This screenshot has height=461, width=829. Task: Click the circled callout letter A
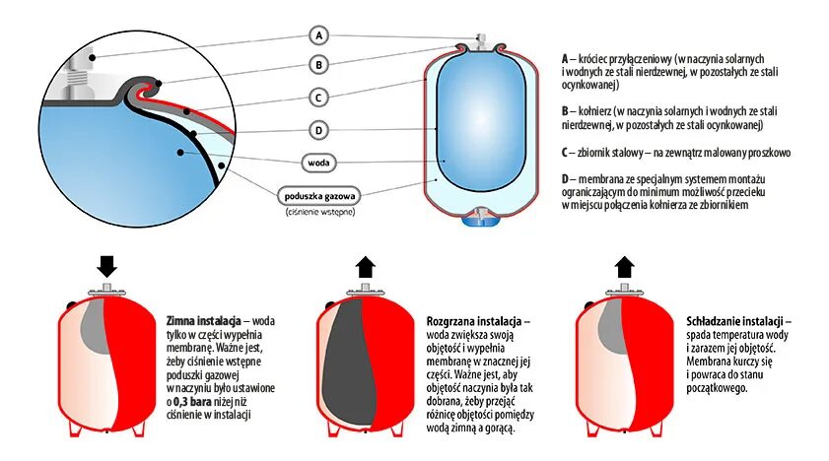pyautogui.click(x=317, y=35)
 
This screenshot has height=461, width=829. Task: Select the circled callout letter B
pyautogui.click(x=317, y=65)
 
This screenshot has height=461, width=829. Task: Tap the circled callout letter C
pyautogui.click(x=317, y=97)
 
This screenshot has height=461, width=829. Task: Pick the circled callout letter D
pyautogui.click(x=317, y=129)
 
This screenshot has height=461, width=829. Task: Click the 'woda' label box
pyautogui.click(x=317, y=162)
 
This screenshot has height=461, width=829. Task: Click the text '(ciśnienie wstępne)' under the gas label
pyautogui.click(x=317, y=212)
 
